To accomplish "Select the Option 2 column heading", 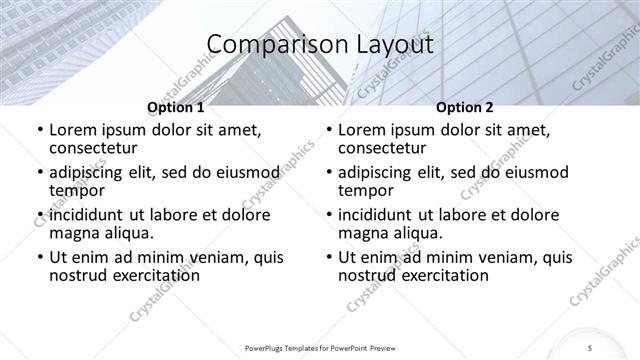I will [x=465, y=107].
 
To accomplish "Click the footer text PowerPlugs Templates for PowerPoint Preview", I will [x=320, y=347].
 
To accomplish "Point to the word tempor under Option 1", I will [x=78, y=190].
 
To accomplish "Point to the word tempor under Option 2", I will [x=367, y=190].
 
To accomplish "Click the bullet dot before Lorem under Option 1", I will [x=39, y=131].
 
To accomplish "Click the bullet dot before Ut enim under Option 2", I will [x=328, y=258].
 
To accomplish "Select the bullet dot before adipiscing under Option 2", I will [x=328, y=173].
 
